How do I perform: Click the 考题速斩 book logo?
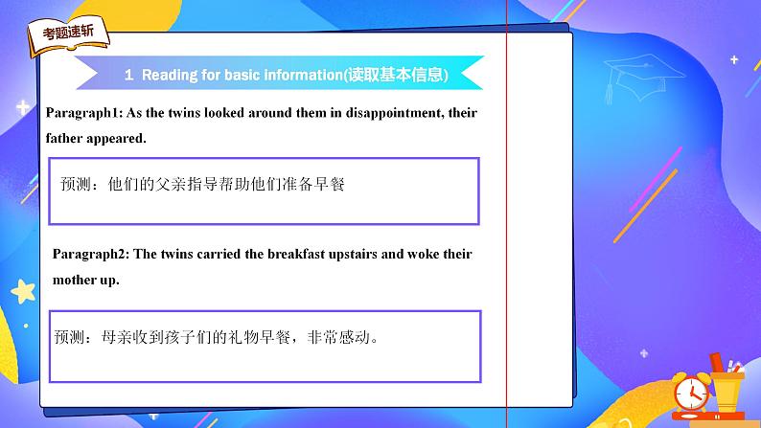pos(68,36)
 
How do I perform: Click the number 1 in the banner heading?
pos(128,75)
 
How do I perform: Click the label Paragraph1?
pos(84,113)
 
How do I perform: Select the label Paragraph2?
pos(91,254)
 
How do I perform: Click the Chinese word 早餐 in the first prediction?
pos(330,184)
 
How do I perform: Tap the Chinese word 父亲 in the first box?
pos(171,184)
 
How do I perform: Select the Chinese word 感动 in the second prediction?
pos(355,336)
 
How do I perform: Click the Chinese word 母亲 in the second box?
pos(117,336)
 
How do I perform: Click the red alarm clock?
pos(691,393)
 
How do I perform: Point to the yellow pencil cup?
pos(726,388)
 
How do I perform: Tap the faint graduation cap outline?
pos(643,78)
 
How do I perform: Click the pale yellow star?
pos(23,291)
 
